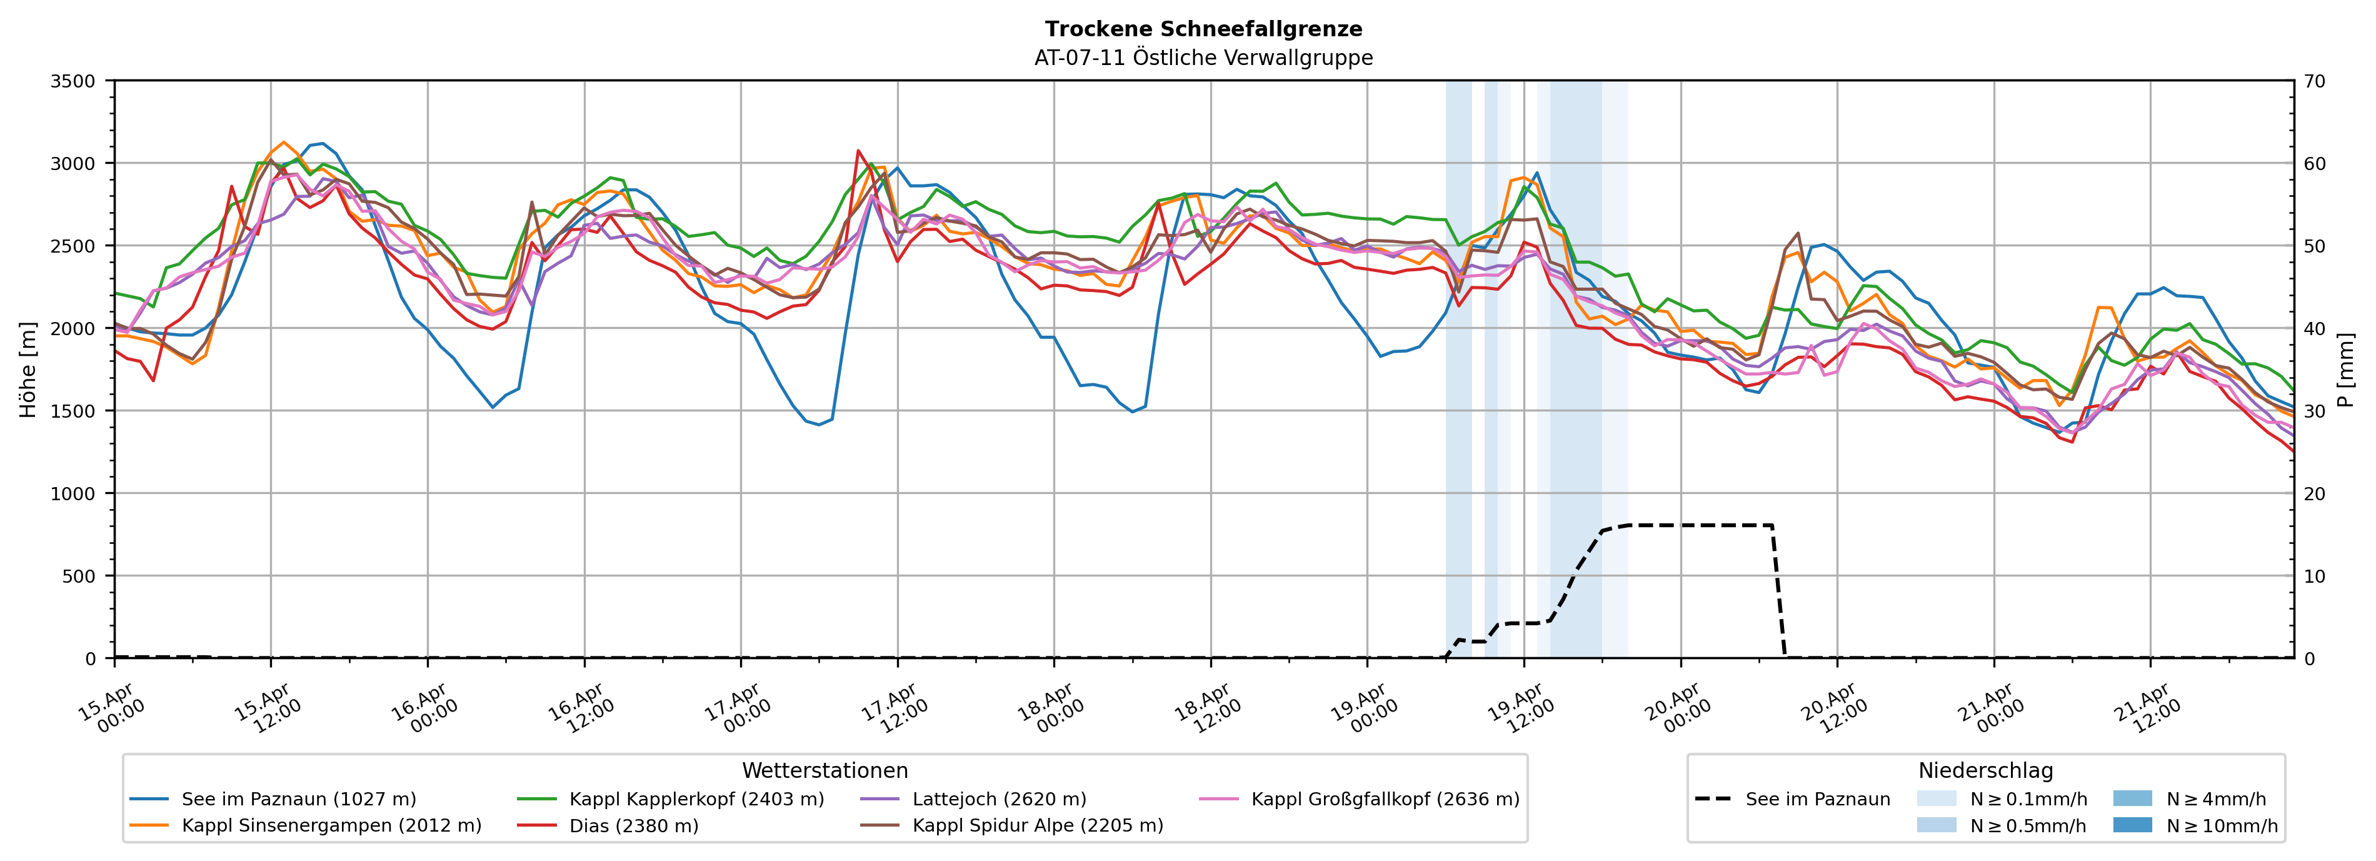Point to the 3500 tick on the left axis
(x=73, y=81)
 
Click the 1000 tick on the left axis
(x=73, y=494)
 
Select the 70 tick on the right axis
(x=2315, y=81)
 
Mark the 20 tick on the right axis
(x=2315, y=494)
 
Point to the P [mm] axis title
(x=2347, y=369)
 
